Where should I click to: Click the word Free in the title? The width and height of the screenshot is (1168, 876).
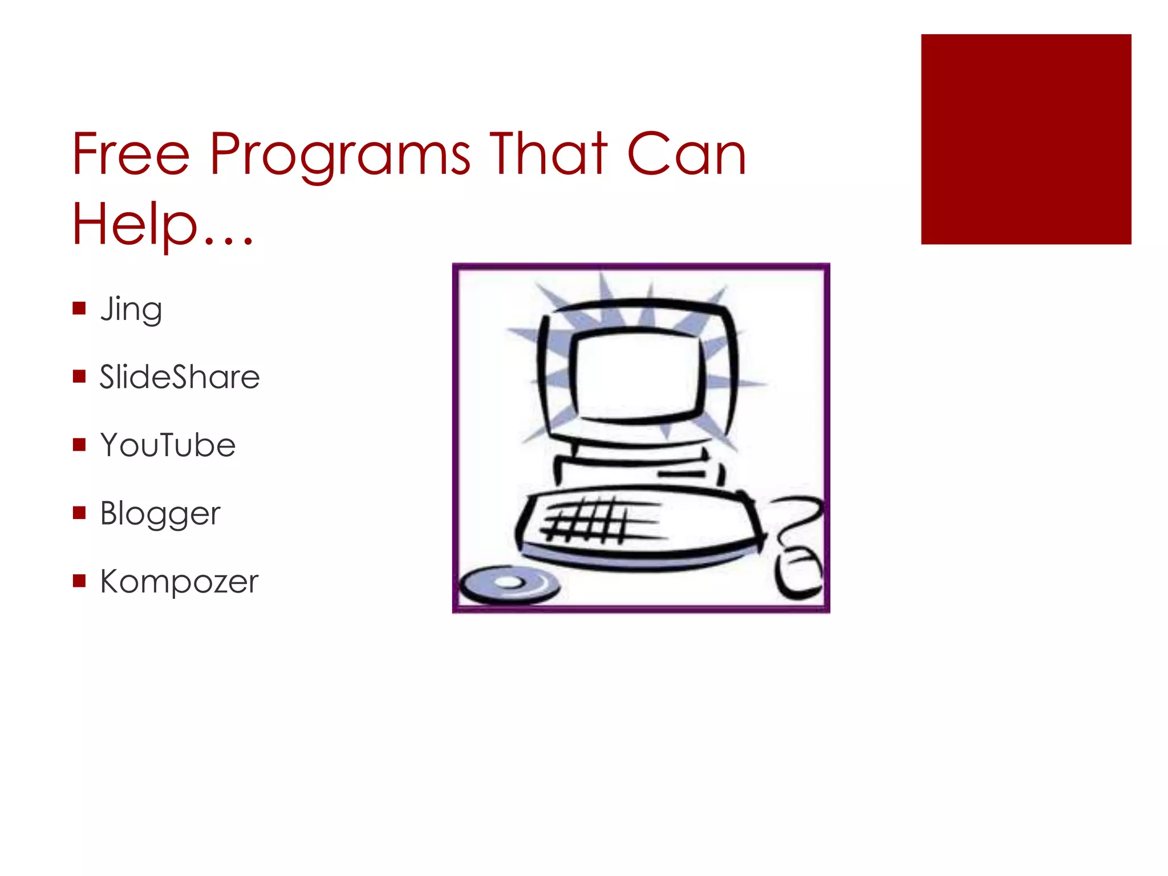131,154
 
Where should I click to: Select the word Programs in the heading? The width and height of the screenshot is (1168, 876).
340,155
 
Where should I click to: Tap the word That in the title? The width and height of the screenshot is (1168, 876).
548,154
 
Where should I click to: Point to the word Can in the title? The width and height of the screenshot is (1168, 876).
686,154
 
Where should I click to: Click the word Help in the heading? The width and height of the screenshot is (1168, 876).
135,224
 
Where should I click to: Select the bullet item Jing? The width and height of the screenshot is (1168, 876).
131,309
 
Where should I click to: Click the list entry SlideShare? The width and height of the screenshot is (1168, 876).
180,377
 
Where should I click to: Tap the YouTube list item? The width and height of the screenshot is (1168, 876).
168,445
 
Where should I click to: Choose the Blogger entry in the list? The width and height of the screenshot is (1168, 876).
160,513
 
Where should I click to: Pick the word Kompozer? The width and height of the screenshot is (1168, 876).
179,581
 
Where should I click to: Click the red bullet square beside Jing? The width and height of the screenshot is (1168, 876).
79,309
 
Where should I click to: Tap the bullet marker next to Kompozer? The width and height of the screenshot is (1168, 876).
79,581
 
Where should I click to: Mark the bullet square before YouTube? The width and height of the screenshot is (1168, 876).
79,444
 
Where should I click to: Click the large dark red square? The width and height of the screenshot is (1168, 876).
1025,139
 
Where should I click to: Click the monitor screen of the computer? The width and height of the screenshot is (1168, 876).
636,374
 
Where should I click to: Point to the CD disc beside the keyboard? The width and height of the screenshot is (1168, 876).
509,583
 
